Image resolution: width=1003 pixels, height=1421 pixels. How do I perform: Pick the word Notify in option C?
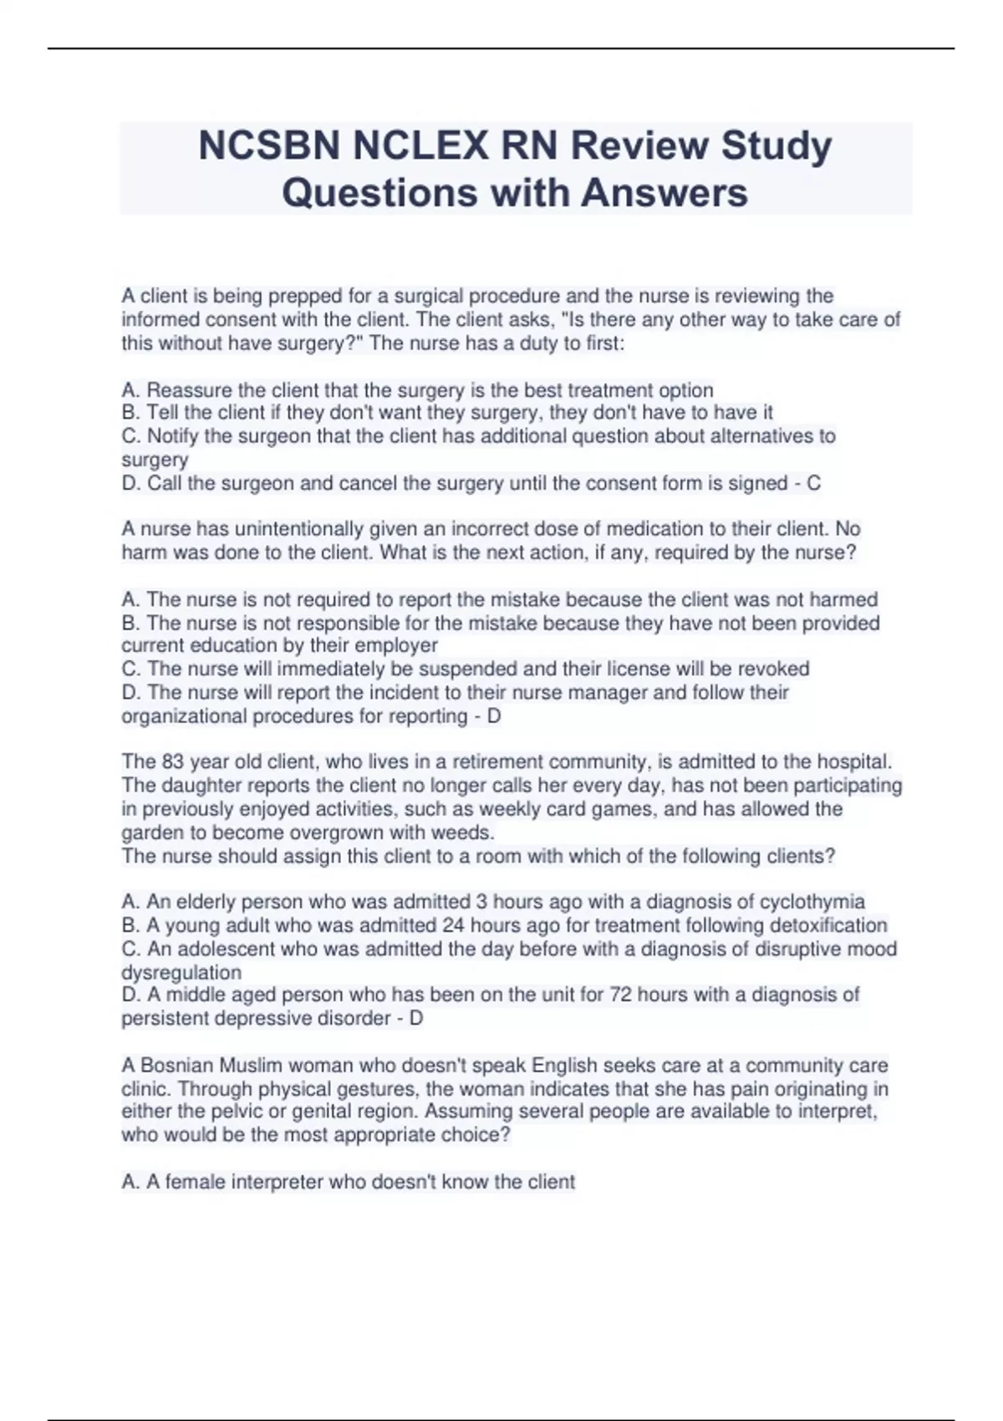(174, 436)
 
